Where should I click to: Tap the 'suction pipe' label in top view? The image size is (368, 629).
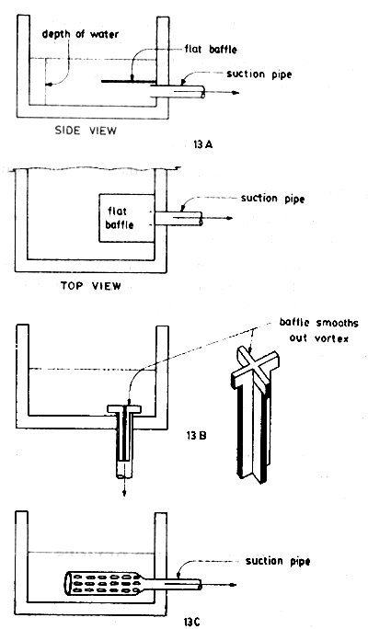[x=270, y=197]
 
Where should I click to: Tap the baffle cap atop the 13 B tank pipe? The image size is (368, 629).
[x=121, y=407]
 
